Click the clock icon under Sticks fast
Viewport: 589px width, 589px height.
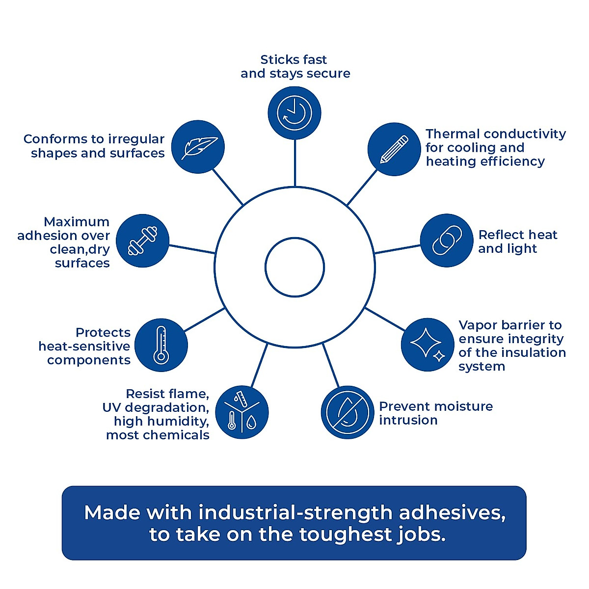(294, 113)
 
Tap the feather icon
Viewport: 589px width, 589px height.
(198, 147)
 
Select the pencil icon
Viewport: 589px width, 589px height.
(394, 149)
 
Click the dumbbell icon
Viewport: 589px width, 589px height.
(143, 241)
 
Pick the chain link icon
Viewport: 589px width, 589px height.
(447, 241)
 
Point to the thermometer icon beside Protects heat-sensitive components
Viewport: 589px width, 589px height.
(161, 345)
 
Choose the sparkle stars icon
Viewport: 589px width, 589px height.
(428, 345)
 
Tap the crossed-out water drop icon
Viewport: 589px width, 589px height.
(348, 412)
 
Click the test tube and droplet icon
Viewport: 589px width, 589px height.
(242, 412)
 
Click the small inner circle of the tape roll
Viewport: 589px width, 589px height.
(294, 268)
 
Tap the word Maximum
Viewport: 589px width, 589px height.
(77, 222)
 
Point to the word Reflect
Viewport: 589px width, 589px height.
(499, 235)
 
